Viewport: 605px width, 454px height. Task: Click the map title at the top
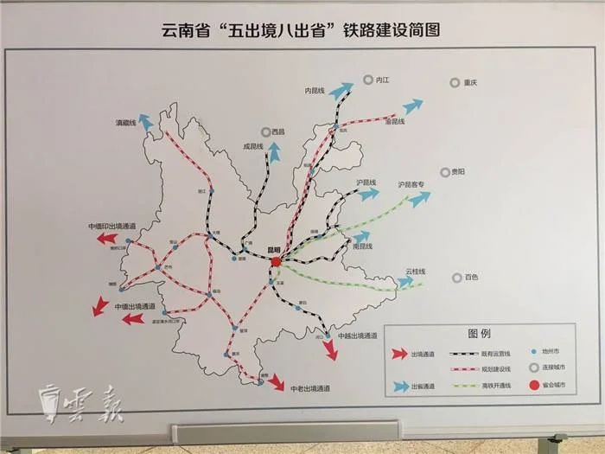coord(302,29)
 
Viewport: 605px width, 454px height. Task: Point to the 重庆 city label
coord(470,84)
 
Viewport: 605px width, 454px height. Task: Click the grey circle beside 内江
coord(367,79)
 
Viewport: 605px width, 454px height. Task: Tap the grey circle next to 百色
coord(456,278)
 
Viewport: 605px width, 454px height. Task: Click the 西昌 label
coord(277,131)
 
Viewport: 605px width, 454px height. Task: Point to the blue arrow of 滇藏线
coord(148,122)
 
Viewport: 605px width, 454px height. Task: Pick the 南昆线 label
coord(362,246)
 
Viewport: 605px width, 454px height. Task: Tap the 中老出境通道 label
coord(312,387)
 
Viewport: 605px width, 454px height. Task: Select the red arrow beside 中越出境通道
coord(329,349)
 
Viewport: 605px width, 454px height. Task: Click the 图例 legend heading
coord(479,333)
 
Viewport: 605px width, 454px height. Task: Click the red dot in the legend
coord(533,385)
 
